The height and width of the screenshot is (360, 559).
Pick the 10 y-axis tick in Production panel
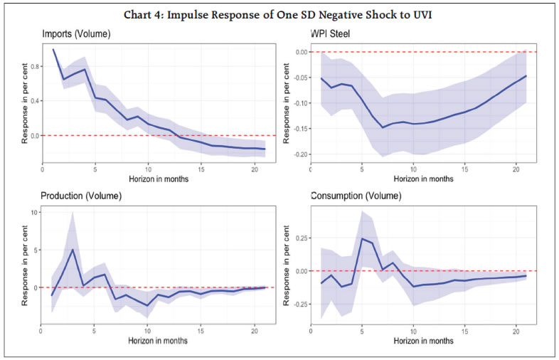(34, 212)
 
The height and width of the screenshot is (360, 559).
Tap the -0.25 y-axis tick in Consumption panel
(299, 305)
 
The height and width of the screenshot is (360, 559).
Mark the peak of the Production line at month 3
(73, 249)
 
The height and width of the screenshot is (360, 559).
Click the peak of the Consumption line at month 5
(362, 238)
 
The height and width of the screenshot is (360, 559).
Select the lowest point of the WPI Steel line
(383, 127)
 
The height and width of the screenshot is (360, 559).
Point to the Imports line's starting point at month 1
(53, 49)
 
